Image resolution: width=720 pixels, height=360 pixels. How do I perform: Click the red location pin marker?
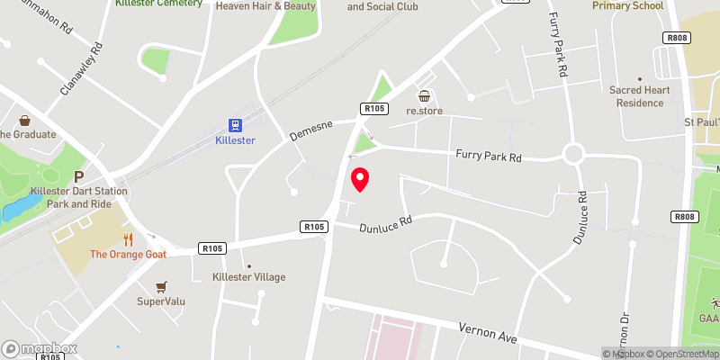coord(360,179)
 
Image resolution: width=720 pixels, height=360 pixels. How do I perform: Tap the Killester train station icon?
coord(236,124)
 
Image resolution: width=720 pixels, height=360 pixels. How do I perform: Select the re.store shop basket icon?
coord(424,96)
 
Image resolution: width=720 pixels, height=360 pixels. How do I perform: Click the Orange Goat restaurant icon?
coord(129,239)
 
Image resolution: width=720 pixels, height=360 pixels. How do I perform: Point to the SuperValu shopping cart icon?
coord(161,286)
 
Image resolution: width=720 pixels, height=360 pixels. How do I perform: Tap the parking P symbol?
coord(79,178)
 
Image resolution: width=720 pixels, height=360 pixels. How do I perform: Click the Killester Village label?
coord(248,277)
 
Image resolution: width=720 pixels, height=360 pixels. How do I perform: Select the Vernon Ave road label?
coord(489,333)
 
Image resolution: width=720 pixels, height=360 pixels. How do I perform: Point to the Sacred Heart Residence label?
coord(640,97)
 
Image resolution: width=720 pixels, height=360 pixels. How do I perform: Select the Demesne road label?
coord(311,130)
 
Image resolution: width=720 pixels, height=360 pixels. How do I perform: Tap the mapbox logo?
coord(39,348)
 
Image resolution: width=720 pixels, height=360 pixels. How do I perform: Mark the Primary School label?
coord(627,5)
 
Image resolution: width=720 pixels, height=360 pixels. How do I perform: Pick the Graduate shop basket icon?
coord(24,120)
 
